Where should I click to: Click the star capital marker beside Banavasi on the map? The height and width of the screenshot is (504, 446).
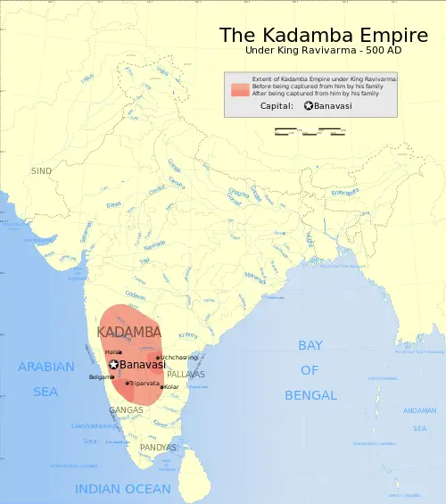[114, 364]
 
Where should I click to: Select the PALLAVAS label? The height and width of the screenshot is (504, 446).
[186, 375]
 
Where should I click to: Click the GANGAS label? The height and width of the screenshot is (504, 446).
[125, 410]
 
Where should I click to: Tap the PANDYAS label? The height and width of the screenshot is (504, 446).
[158, 447]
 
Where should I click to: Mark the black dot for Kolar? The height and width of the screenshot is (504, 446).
[161, 387]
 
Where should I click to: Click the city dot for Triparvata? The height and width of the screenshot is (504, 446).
[128, 383]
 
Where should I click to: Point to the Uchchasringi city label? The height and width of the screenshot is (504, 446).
[179, 357]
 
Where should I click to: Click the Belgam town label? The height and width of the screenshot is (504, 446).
[100, 376]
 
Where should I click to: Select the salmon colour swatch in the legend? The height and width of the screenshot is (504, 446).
[239, 90]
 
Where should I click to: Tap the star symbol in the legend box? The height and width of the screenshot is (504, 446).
[309, 106]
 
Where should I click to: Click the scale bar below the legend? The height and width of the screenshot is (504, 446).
[309, 133]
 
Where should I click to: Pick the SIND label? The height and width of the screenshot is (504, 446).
[42, 170]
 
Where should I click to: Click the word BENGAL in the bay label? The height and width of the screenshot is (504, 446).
[310, 395]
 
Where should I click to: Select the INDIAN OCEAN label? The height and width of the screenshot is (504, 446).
[122, 489]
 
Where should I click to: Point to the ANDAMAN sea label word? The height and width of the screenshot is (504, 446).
[419, 410]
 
